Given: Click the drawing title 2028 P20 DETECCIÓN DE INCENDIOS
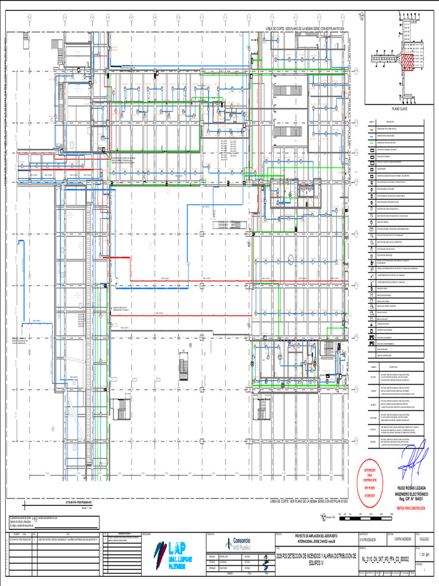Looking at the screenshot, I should [x=316, y=557].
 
